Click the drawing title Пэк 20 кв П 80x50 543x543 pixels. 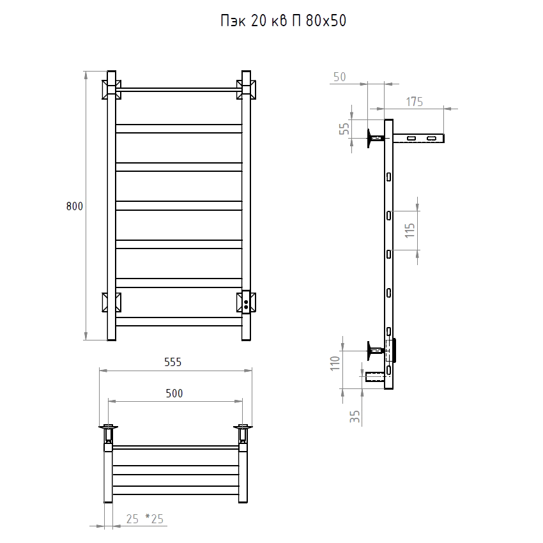pos(283,21)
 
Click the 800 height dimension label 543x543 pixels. pos(75,206)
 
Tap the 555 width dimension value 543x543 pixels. pos(173,362)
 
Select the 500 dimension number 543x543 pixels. pos(174,394)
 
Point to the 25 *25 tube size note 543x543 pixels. pos(145,519)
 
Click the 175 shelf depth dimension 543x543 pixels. pos(414,102)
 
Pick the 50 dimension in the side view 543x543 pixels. pos(339,77)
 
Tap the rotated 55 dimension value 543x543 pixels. pos(344,129)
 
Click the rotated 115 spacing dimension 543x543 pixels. pos(409,230)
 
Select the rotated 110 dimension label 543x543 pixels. pos(335,363)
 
